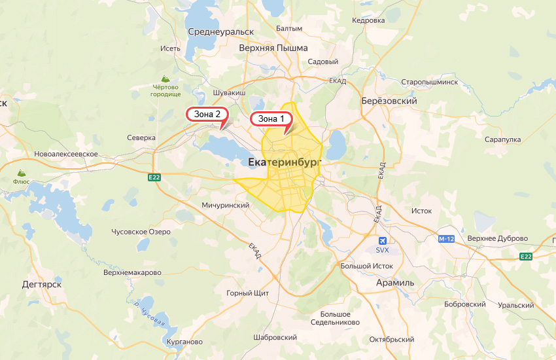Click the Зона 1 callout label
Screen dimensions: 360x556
pos(271,119)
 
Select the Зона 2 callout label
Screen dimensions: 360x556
pos(207,115)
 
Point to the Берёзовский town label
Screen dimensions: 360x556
pos(389,101)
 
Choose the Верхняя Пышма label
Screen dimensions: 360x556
pos(264,48)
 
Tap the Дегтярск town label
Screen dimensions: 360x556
pos(41,285)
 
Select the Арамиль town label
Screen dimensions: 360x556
pos(395,282)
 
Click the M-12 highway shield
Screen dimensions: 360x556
pos(446,239)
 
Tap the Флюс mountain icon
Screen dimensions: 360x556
pos(20,173)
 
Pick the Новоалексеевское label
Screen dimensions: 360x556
pos(66,154)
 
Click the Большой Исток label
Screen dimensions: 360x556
pos(366,266)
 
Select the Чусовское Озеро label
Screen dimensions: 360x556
pos(141,232)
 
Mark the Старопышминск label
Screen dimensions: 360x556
pos(430,82)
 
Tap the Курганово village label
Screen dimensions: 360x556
pos(176,342)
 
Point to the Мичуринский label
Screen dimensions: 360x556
pos(226,205)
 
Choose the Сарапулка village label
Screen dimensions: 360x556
pos(502,139)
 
